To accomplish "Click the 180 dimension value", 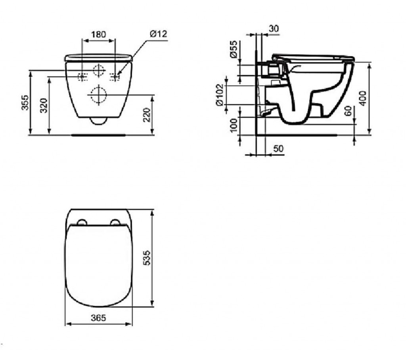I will [98, 34].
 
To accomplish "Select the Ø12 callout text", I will [158, 34].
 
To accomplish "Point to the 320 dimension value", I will [44, 105].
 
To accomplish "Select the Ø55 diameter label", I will [234, 49].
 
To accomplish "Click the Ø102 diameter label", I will [220, 95].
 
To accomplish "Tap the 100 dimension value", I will [234, 125].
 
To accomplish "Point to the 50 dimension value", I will [279, 148].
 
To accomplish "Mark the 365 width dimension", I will [98, 318].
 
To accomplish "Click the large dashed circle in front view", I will [98, 94].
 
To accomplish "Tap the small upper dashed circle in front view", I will [98, 71].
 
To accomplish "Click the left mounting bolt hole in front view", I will [82, 76].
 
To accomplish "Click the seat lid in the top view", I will [98, 266].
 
